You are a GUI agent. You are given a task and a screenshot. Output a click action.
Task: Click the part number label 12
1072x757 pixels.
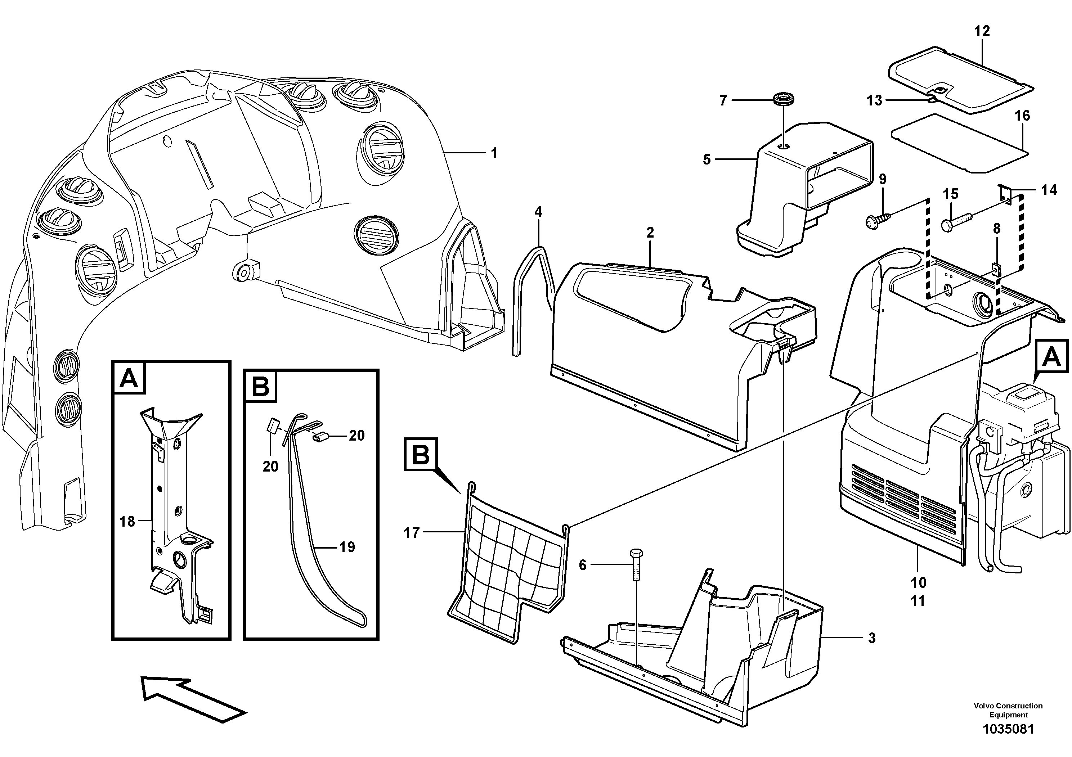pyautogui.click(x=982, y=31)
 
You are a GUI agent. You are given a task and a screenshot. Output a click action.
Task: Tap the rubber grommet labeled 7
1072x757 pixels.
pyautogui.click(x=784, y=99)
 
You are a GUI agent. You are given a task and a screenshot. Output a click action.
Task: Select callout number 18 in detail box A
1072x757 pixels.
pyautogui.click(x=127, y=521)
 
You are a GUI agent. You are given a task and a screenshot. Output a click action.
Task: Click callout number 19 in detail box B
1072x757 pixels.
pyautogui.click(x=347, y=547)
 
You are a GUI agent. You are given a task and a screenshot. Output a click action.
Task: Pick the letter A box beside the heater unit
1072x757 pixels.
pyautogui.click(x=1051, y=357)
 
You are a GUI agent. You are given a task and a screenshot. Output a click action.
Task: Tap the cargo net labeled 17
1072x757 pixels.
pyautogui.click(x=509, y=565)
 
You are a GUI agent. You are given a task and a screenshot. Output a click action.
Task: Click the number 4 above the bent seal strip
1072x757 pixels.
pyautogui.click(x=538, y=212)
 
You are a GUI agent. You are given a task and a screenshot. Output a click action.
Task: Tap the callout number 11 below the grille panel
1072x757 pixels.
pyautogui.click(x=918, y=601)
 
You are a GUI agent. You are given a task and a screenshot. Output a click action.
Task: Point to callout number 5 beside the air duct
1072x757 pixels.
pyautogui.click(x=707, y=159)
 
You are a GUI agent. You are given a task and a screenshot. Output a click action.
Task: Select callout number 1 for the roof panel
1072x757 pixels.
pyautogui.click(x=494, y=153)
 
